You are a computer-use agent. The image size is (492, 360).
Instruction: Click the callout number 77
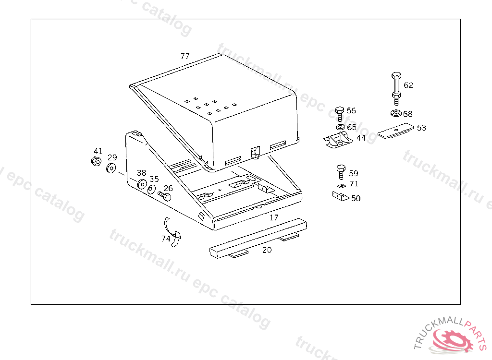(x=185, y=56)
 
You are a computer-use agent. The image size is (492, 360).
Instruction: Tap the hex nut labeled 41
(x=96, y=161)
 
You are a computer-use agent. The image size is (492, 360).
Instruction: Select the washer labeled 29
(x=111, y=168)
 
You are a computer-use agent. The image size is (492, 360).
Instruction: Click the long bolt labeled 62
(x=396, y=89)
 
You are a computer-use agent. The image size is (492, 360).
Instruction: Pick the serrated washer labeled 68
(x=396, y=113)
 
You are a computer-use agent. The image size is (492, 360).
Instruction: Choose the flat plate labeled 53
(x=396, y=130)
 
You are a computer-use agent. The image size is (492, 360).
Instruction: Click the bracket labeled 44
(x=338, y=140)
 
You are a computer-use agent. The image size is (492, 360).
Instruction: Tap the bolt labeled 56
(x=340, y=114)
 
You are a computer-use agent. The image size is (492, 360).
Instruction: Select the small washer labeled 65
(x=340, y=127)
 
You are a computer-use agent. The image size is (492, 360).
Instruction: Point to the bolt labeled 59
(x=341, y=172)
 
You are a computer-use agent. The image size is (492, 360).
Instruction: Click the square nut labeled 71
(x=342, y=186)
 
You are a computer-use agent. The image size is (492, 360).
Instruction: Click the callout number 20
(x=267, y=250)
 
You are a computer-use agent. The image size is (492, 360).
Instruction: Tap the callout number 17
(x=274, y=217)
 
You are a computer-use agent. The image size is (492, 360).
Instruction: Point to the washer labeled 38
(x=142, y=184)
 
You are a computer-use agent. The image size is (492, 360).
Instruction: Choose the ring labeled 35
(x=151, y=190)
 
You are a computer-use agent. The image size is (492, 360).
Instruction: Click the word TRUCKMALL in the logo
(x=437, y=331)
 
